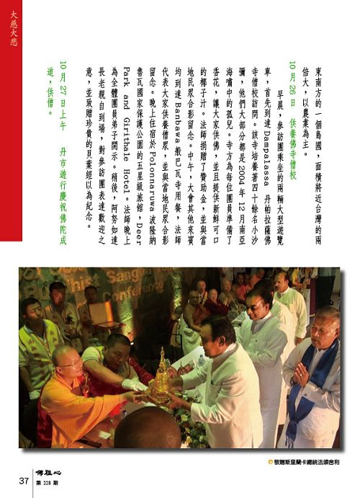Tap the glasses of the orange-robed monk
[71, 363]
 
